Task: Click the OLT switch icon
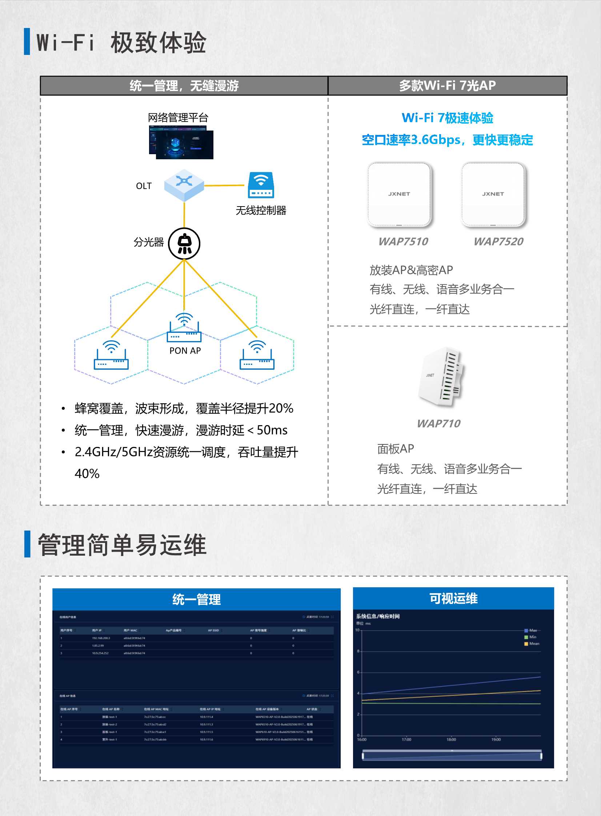tap(184, 185)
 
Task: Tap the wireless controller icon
tap(261, 185)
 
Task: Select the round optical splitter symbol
tap(184, 243)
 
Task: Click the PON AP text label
tap(185, 351)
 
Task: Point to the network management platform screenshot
tap(181, 143)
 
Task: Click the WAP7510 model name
tap(403, 241)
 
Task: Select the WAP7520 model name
tap(498, 241)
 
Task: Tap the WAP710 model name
tap(438, 424)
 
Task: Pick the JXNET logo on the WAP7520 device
tap(493, 194)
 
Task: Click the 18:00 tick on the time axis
tap(451, 740)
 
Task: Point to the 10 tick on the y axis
tap(357, 630)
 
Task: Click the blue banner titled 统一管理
tap(196, 599)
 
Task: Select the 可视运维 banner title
tap(453, 599)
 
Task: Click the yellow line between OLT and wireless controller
tap(224, 185)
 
